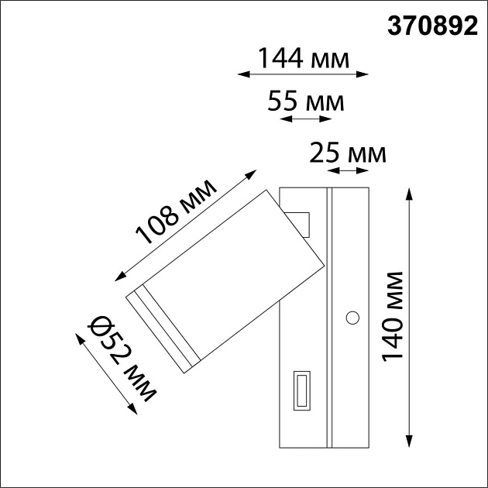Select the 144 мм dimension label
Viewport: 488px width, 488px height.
tap(303, 58)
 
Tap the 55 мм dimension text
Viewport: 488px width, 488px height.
tap(303, 101)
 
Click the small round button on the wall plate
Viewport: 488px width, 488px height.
tap(353, 317)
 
